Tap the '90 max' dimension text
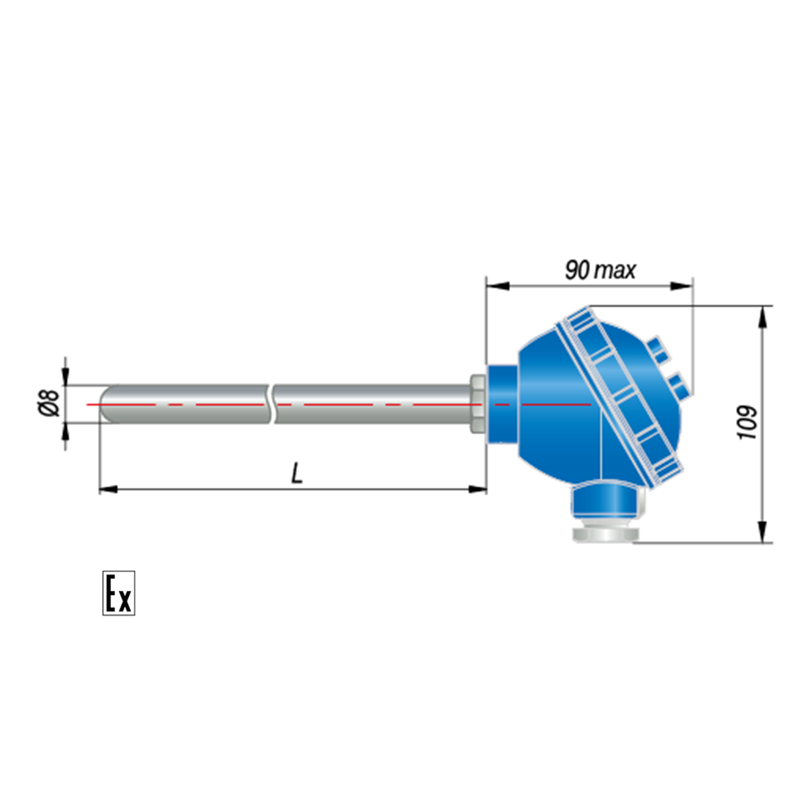pos(600,271)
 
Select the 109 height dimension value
pos(746,422)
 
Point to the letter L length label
pos(297,472)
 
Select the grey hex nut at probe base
pos(478,404)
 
